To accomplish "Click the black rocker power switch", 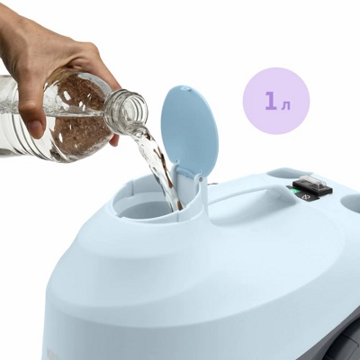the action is click(312, 184).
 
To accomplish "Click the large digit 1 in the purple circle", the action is click(271, 102).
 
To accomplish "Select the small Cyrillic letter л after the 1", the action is click(286, 105).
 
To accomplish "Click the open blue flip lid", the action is click(188, 130).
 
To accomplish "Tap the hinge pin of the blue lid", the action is click(201, 179).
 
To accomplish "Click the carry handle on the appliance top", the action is click(250, 193).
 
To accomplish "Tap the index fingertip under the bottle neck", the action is click(114, 140).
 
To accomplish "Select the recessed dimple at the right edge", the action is click(352, 201).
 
